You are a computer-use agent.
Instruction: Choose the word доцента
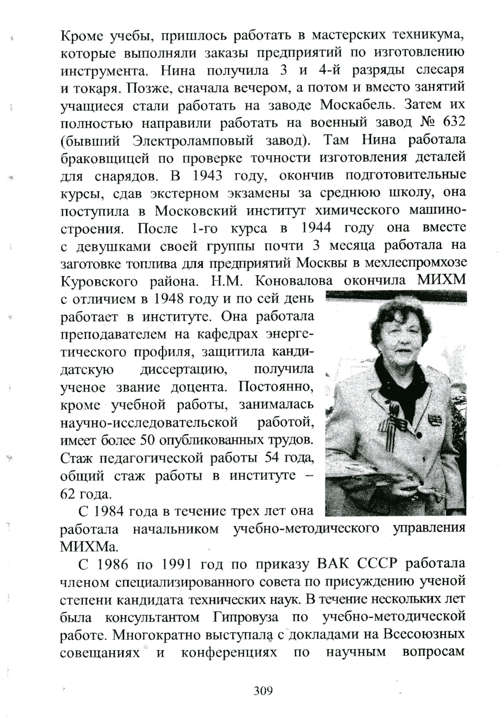click(197, 388)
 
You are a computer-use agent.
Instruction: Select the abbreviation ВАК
click(332, 564)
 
